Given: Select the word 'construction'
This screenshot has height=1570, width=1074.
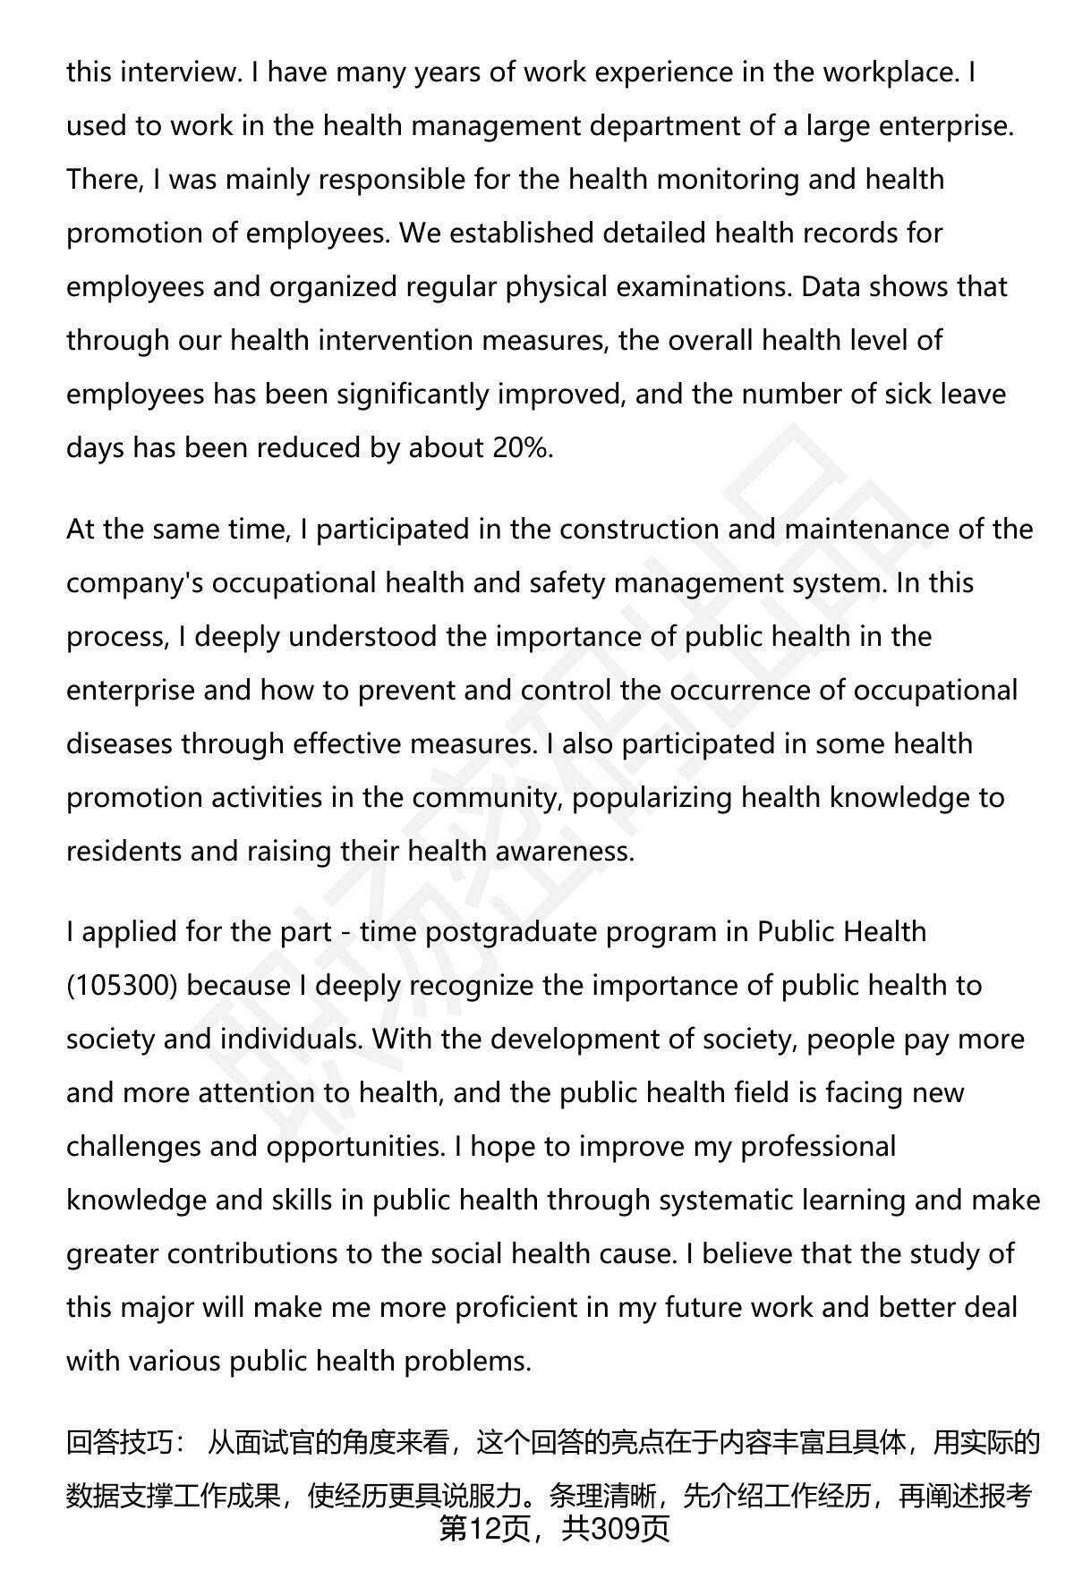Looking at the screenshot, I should tap(638, 529).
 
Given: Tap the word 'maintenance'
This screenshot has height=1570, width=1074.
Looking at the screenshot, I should tap(865, 529).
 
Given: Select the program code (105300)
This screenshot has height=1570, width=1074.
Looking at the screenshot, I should tap(123, 985).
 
